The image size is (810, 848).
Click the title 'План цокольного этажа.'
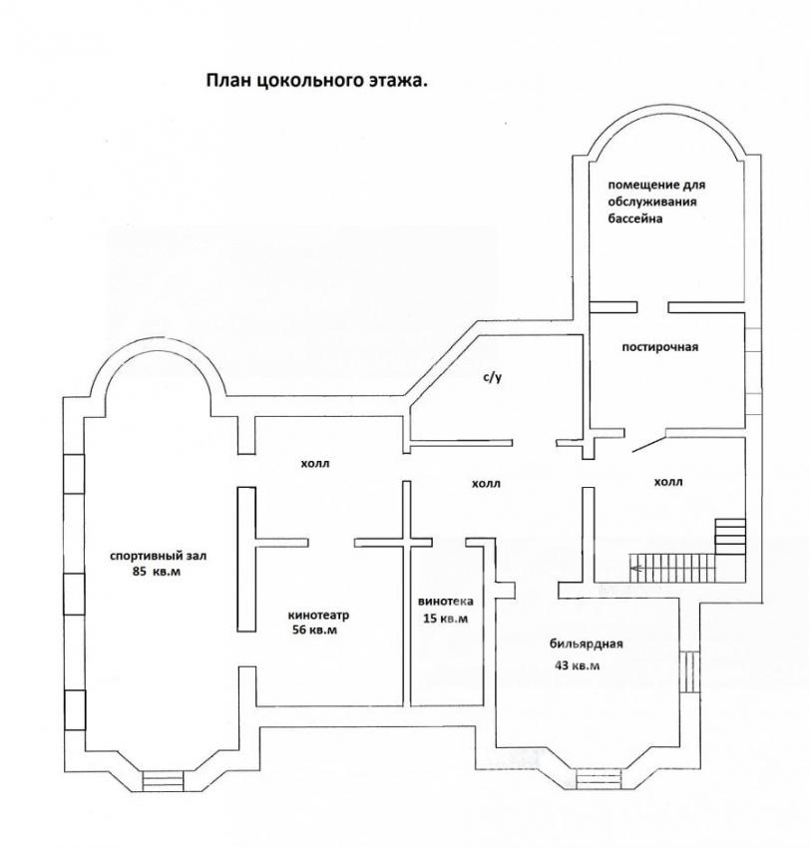(317, 81)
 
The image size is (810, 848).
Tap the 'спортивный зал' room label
(158, 556)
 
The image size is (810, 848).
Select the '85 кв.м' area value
(157, 572)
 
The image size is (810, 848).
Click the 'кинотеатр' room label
(319, 615)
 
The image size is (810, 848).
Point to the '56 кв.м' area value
(314, 630)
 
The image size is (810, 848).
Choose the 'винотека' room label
(446, 601)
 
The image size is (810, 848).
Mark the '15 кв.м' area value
(446, 619)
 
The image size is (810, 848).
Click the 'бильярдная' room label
(587, 643)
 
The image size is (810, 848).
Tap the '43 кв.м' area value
(577, 665)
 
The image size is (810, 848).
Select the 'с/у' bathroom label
(492, 377)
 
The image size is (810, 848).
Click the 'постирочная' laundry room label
(659, 346)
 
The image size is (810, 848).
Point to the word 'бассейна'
(635, 218)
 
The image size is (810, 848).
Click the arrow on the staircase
(636, 568)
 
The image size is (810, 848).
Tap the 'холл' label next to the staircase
(668, 481)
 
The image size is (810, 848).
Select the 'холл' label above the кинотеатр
(314, 463)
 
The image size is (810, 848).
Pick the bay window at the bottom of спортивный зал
(163, 780)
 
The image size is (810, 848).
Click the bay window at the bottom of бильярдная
(599, 779)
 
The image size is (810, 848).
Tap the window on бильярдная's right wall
(689, 671)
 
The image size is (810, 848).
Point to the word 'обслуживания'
(652, 202)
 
